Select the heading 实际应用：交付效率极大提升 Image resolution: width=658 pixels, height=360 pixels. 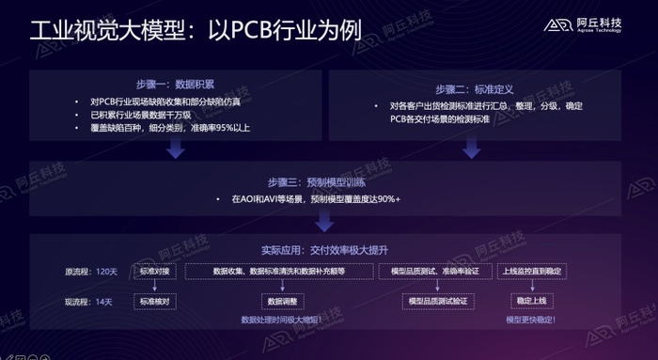tap(324, 250)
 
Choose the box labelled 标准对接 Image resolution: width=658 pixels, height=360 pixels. tap(155, 271)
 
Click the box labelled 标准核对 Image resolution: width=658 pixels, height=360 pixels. tap(155, 302)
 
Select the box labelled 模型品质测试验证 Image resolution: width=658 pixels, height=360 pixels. tap(435, 302)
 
